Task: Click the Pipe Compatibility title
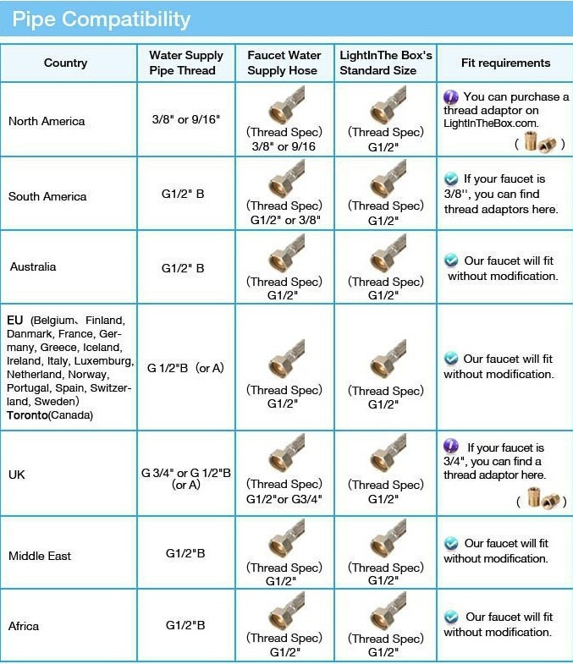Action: click(102, 19)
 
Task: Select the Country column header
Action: click(66, 63)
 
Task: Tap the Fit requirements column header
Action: click(505, 63)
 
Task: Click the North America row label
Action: click(47, 121)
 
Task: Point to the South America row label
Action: click(47, 196)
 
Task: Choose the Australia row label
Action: click(33, 267)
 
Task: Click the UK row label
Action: click(17, 475)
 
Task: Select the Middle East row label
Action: click(40, 556)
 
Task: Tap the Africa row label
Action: click(24, 626)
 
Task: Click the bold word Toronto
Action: click(28, 415)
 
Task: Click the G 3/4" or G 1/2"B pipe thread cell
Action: click(185, 479)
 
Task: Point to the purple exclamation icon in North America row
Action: click(451, 96)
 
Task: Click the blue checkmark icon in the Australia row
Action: click(453, 261)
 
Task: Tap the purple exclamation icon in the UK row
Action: click(451, 447)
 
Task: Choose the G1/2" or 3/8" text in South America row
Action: click(284, 220)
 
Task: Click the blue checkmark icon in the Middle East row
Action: click(452, 544)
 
